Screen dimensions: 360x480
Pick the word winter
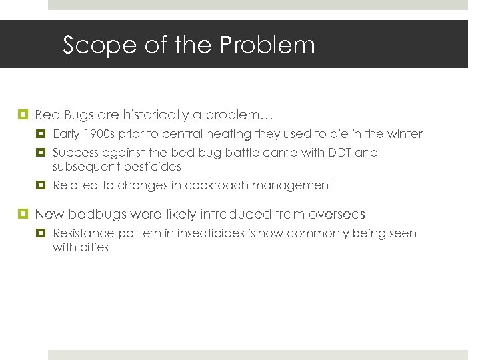(x=403, y=134)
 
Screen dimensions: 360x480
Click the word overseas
(x=333, y=214)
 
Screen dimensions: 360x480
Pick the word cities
(x=94, y=247)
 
